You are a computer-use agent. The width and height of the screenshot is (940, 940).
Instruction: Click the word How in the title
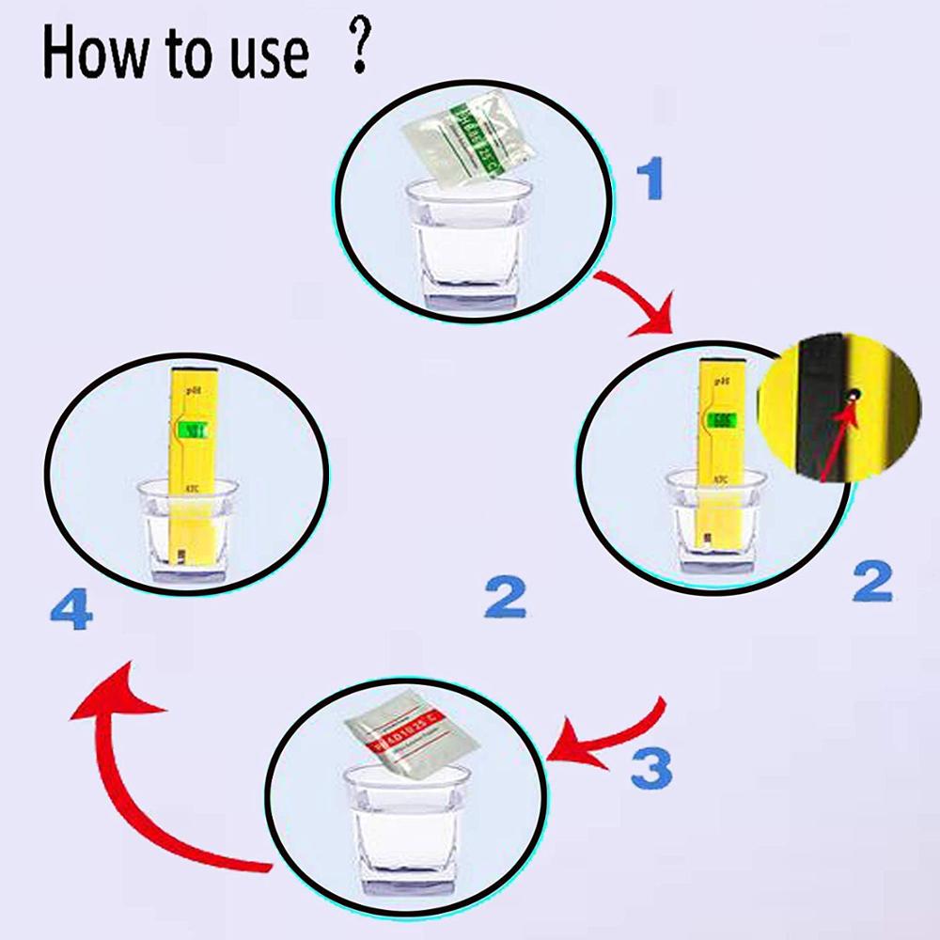(95, 55)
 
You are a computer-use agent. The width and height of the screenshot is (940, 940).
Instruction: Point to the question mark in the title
(356, 53)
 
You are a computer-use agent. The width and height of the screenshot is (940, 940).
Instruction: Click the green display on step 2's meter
(725, 419)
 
